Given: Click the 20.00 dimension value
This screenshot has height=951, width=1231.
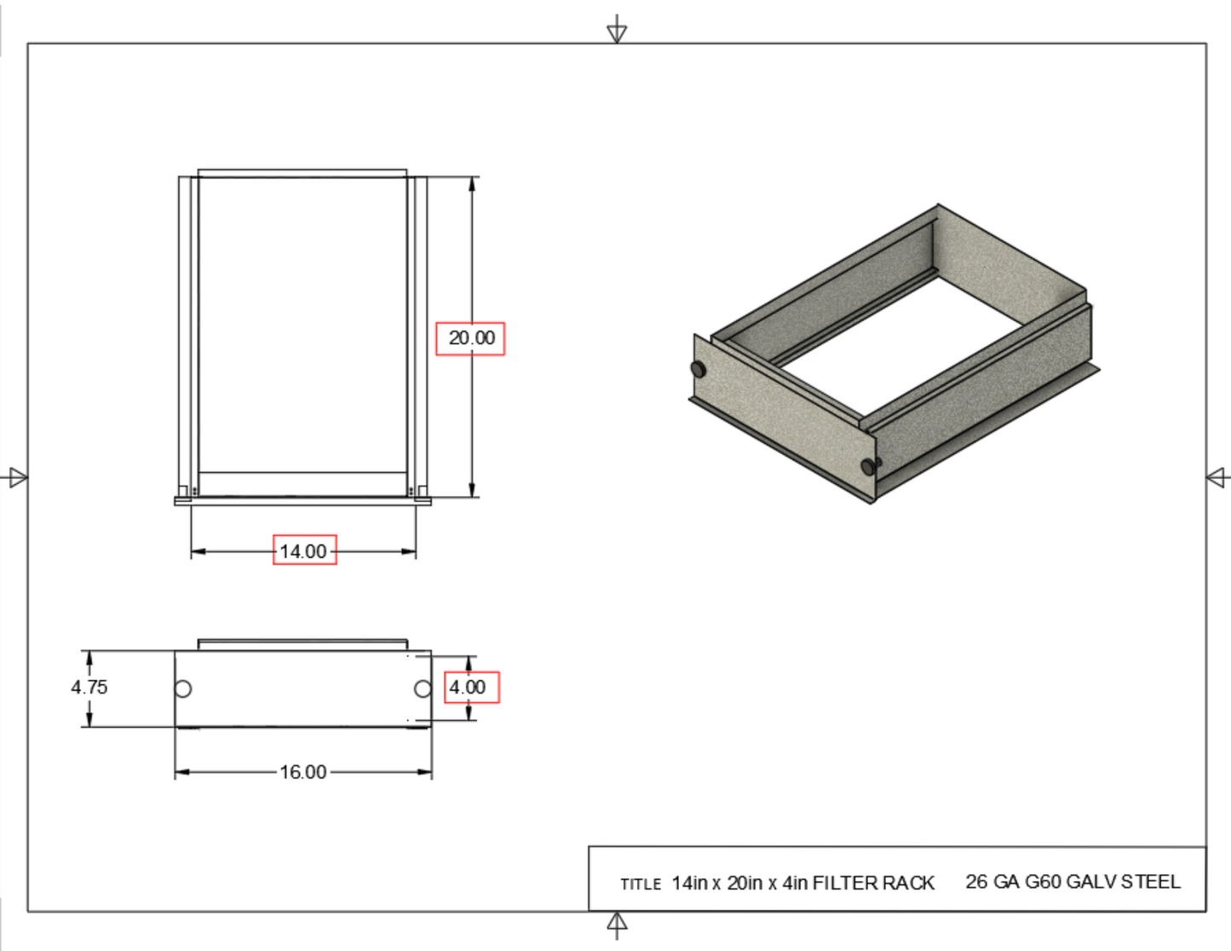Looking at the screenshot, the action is coord(471,338).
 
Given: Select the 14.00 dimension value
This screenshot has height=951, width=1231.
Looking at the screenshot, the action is coord(303,551).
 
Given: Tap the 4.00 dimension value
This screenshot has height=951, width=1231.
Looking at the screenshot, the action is coord(468,687).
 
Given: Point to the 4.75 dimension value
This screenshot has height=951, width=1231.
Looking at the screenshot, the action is coord(89,687).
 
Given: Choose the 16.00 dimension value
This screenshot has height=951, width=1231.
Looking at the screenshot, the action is coord(303,772).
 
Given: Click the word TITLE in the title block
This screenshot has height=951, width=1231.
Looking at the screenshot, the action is coord(641,885).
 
